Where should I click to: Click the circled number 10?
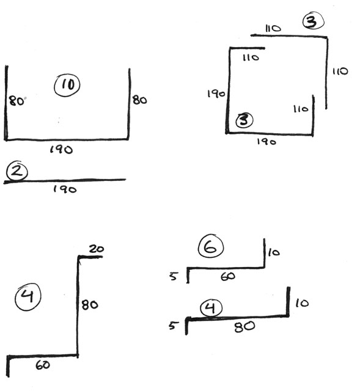pos(67,85)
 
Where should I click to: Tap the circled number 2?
pos(17,170)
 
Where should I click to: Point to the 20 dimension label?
pos(97,249)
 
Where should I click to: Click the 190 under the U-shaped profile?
pos(61,149)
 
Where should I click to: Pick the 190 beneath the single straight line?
pos(65,189)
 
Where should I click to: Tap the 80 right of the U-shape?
pos(139,100)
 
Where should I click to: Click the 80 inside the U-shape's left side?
pos(17,101)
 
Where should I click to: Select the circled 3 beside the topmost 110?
pos(314,21)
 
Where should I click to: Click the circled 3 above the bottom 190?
pos(244,120)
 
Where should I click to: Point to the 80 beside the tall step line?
pos(90,305)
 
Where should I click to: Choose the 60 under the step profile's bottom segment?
pos(43,365)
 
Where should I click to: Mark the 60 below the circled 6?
pos(228,276)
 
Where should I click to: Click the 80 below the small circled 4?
pos(244,326)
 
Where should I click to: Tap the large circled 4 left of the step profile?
pos(28,297)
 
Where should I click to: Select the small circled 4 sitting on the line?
pos(211,308)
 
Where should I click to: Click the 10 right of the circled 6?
pos(274,252)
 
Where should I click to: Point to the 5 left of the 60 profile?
pos(174,276)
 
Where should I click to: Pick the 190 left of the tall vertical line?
pos(216,93)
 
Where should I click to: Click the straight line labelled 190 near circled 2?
pos(65,181)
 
